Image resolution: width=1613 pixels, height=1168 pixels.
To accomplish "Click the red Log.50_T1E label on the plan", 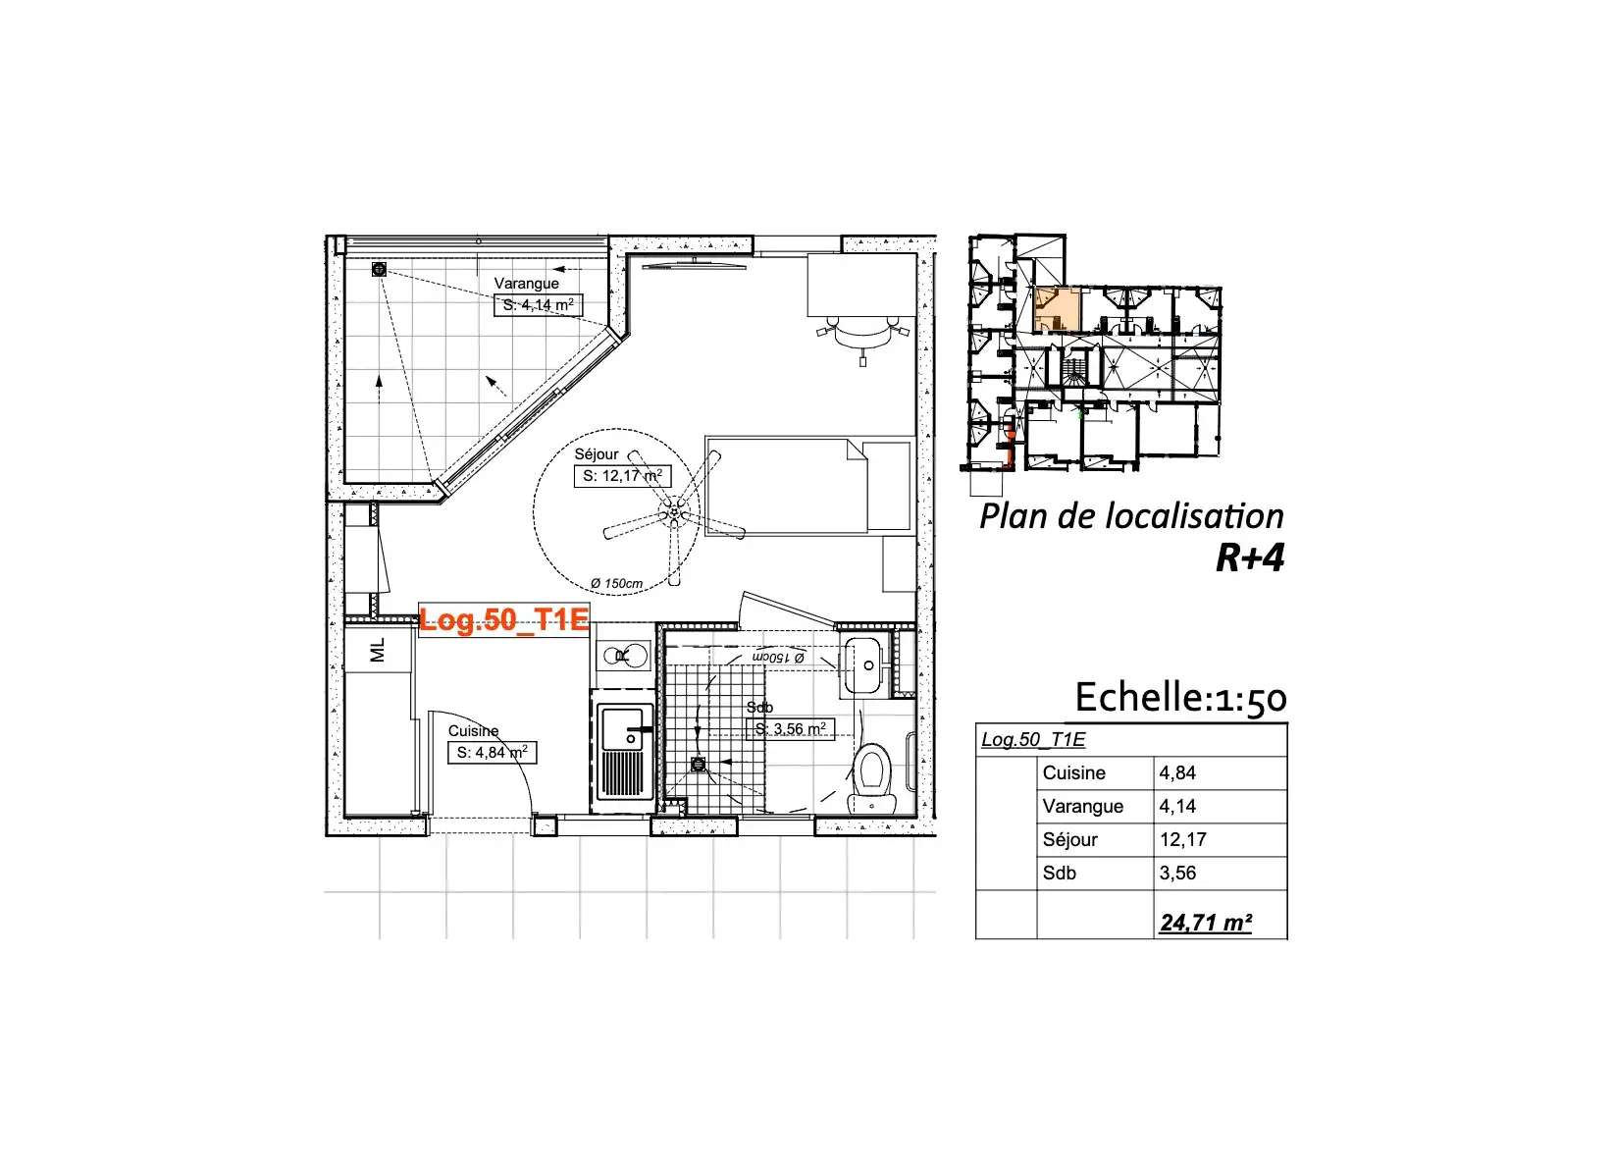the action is pos(504,619).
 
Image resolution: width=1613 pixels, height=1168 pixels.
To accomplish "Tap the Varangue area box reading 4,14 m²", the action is pos(538,305).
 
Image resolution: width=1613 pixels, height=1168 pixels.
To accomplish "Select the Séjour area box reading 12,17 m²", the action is pos(622,476).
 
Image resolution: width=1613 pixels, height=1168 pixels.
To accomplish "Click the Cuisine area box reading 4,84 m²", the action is pos(492,753).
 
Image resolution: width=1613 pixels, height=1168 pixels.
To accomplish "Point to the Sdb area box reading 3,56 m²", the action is pos(791,729).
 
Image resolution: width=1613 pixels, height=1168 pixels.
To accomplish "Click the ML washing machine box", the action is pos(378,650).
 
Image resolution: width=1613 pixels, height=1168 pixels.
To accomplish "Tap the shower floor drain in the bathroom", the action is pos(698,765).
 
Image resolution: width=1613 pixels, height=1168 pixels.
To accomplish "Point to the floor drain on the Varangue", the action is pos(379,270).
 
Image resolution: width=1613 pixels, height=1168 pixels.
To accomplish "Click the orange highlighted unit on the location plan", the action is pos(1058,309).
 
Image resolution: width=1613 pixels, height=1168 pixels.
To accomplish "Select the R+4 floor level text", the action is pos(1250,557).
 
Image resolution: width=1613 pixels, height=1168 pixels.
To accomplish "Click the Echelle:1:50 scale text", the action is pos(1181,698).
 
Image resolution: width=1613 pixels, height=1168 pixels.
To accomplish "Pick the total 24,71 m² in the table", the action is pos(1206,923).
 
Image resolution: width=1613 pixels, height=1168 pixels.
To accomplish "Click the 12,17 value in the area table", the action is pos(1183,839).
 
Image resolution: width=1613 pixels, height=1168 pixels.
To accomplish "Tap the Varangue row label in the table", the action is pos(1083,806).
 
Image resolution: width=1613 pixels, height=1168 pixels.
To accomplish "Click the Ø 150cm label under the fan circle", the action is pos(616,583).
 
